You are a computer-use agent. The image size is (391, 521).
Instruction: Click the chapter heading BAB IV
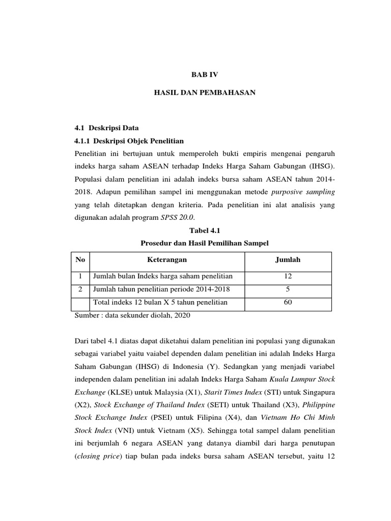pos(204,74)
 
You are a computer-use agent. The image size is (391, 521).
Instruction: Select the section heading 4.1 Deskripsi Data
pos(106,128)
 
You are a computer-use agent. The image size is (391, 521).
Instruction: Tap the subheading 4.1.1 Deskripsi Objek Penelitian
pos(129,141)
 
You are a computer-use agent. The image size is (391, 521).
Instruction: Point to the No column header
pos(80,260)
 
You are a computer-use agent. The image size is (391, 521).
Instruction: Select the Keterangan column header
pos(166,260)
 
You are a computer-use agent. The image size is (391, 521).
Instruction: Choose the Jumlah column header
pos(288,260)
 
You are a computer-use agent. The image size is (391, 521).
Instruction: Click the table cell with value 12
pos(288,276)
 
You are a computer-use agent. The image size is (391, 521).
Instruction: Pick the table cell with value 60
pos(288,303)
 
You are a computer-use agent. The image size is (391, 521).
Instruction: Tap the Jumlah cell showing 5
pos(288,290)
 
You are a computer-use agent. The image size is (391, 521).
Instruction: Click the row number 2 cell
pos(80,290)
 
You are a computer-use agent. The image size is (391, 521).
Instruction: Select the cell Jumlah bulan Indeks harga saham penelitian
pos(162,276)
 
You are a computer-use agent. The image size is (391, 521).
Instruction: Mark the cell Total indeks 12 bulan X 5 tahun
pos(160,303)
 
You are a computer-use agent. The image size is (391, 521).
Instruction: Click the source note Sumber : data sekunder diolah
pos(131,316)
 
